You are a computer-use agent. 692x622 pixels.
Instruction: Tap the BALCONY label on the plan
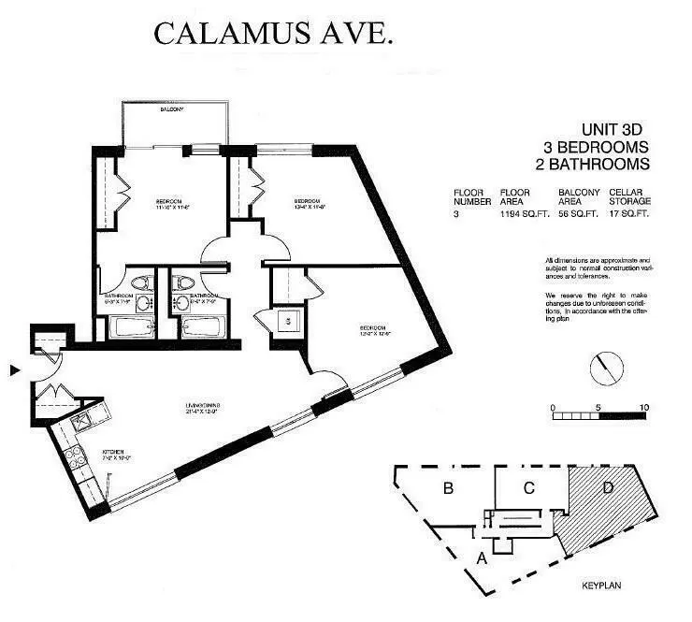(x=170, y=109)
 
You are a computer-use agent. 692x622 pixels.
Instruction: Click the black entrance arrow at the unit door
(x=13, y=371)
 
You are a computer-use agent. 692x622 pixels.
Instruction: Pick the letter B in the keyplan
(x=449, y=487)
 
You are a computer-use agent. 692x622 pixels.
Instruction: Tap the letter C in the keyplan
(x=528, y=486)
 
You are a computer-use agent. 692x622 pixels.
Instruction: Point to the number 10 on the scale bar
(x=643, y=408)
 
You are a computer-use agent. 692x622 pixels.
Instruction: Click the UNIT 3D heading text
(x=613, y=131)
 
